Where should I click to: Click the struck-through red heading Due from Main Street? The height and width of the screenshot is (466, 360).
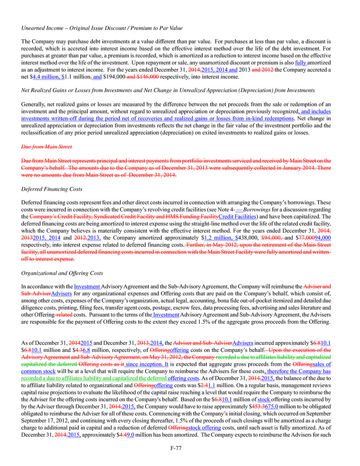[46, 147]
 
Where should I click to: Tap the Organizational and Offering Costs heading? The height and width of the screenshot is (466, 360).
[62, 273]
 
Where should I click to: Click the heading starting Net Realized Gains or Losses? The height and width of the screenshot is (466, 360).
[168, 91]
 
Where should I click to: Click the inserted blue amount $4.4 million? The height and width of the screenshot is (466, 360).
[49, 77]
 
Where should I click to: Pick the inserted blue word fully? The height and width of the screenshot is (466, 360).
[301, 63]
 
